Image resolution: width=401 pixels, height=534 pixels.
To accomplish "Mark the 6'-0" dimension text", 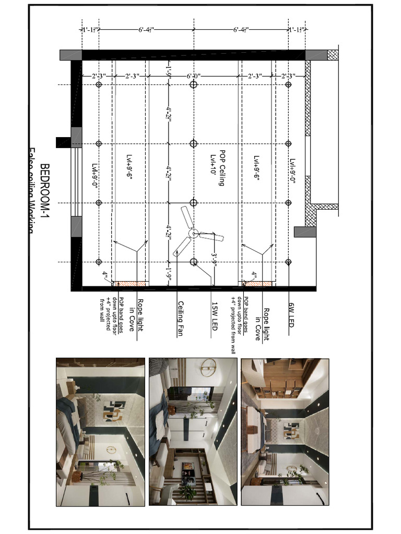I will pos(194,76).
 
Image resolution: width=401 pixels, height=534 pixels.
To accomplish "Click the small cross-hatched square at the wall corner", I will pos(333,55).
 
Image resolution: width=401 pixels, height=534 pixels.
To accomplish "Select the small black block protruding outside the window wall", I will pos(63,142).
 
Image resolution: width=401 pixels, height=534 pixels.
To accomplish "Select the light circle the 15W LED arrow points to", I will pos(193,262).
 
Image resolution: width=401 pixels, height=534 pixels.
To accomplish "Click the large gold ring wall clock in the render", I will pos(208,367).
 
